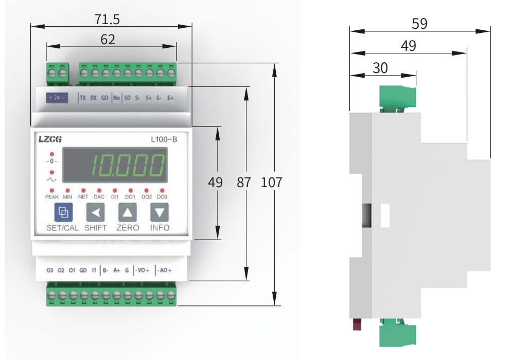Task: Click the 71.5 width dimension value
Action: coord(107,20)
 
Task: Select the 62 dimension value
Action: coord(108,39)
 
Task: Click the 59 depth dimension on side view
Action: coord(419,24)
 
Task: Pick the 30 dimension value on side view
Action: coord(380,68)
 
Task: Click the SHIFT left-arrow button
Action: coord(95,212)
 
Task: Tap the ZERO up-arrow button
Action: coord(128,212)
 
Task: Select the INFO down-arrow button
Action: coord(160,212)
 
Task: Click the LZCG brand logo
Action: coord(50,138)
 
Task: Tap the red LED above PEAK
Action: coord(52,190)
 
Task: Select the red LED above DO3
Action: coord(162,190)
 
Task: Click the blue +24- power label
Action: coord(57,97)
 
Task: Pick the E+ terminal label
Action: coord(170,97)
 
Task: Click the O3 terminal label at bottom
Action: coord(50,270)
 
